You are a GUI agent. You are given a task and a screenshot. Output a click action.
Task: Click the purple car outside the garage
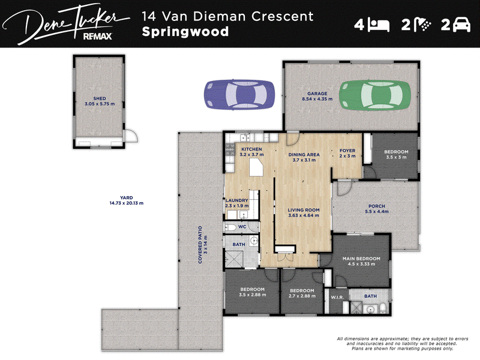click(239, 95)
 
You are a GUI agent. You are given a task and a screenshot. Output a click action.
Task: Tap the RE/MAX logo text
click(98, 37)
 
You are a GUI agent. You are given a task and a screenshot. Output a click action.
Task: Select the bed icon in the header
click(379, 25)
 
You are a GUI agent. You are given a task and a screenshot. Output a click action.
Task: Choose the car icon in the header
click(461, 25)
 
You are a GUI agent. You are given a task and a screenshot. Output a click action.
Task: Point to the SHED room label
click(100, 101)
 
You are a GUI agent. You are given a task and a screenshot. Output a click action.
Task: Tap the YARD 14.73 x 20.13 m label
click(127, 200)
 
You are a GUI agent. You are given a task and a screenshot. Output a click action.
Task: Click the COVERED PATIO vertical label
click(203, 245)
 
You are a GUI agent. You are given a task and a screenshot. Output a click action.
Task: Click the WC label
click(242, 227)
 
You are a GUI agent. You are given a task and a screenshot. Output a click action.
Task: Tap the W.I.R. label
click(337, 297)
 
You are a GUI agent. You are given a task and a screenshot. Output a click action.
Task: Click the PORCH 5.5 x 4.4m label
click(377, 209)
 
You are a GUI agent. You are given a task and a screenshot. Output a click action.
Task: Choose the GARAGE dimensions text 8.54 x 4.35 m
click(317, 99)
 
